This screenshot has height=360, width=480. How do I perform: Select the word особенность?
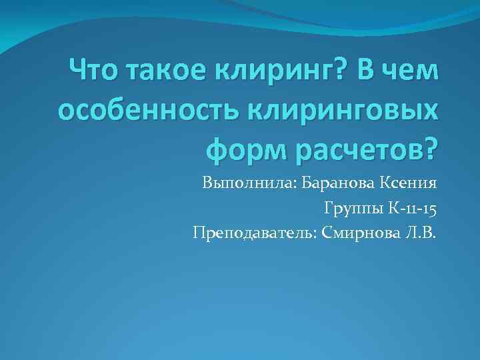click(151, 108)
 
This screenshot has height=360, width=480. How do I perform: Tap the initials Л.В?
click(419, 233)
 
